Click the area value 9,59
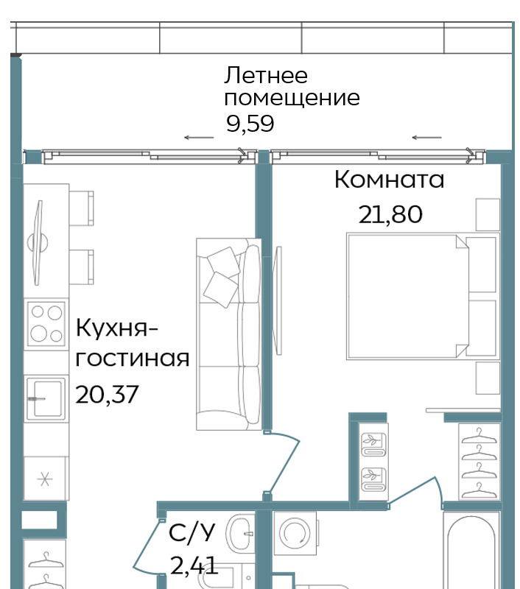tap(250, 123)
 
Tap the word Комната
tap(389, 179)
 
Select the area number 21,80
tap(390, 214)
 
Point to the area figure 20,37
tap(107, 395)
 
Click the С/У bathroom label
tap(192, 532)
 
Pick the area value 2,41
tap(194, 565)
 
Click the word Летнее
tap(266, 75)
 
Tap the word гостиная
tap(133, 359)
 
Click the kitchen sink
tap(46, 398)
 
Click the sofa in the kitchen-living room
tap(229, 334)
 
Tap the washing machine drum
tap(295, 533)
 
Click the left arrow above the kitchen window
tap(199, 138)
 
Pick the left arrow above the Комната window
tap(426, 138)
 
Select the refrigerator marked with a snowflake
tap(46, 479)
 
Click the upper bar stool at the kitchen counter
tap(81, 208)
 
